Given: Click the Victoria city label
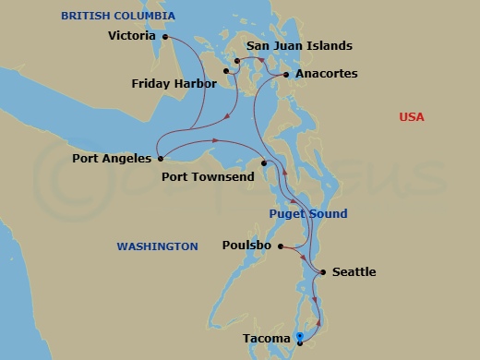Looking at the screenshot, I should point(132,37).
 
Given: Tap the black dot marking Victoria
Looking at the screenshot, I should point(164,37).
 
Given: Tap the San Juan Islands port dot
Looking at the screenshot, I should point(237,62).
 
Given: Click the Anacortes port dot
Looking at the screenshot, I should point(286,74).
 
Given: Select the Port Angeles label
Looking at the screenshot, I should point(111,159).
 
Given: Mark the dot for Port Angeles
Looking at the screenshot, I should point(161,158).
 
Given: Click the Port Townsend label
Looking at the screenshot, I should point(208,176).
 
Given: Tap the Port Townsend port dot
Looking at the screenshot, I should point(264,164).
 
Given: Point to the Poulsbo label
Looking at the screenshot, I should point(246,246).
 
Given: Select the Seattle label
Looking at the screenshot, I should point(354,272).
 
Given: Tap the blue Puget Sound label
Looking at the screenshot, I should point(308,214).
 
